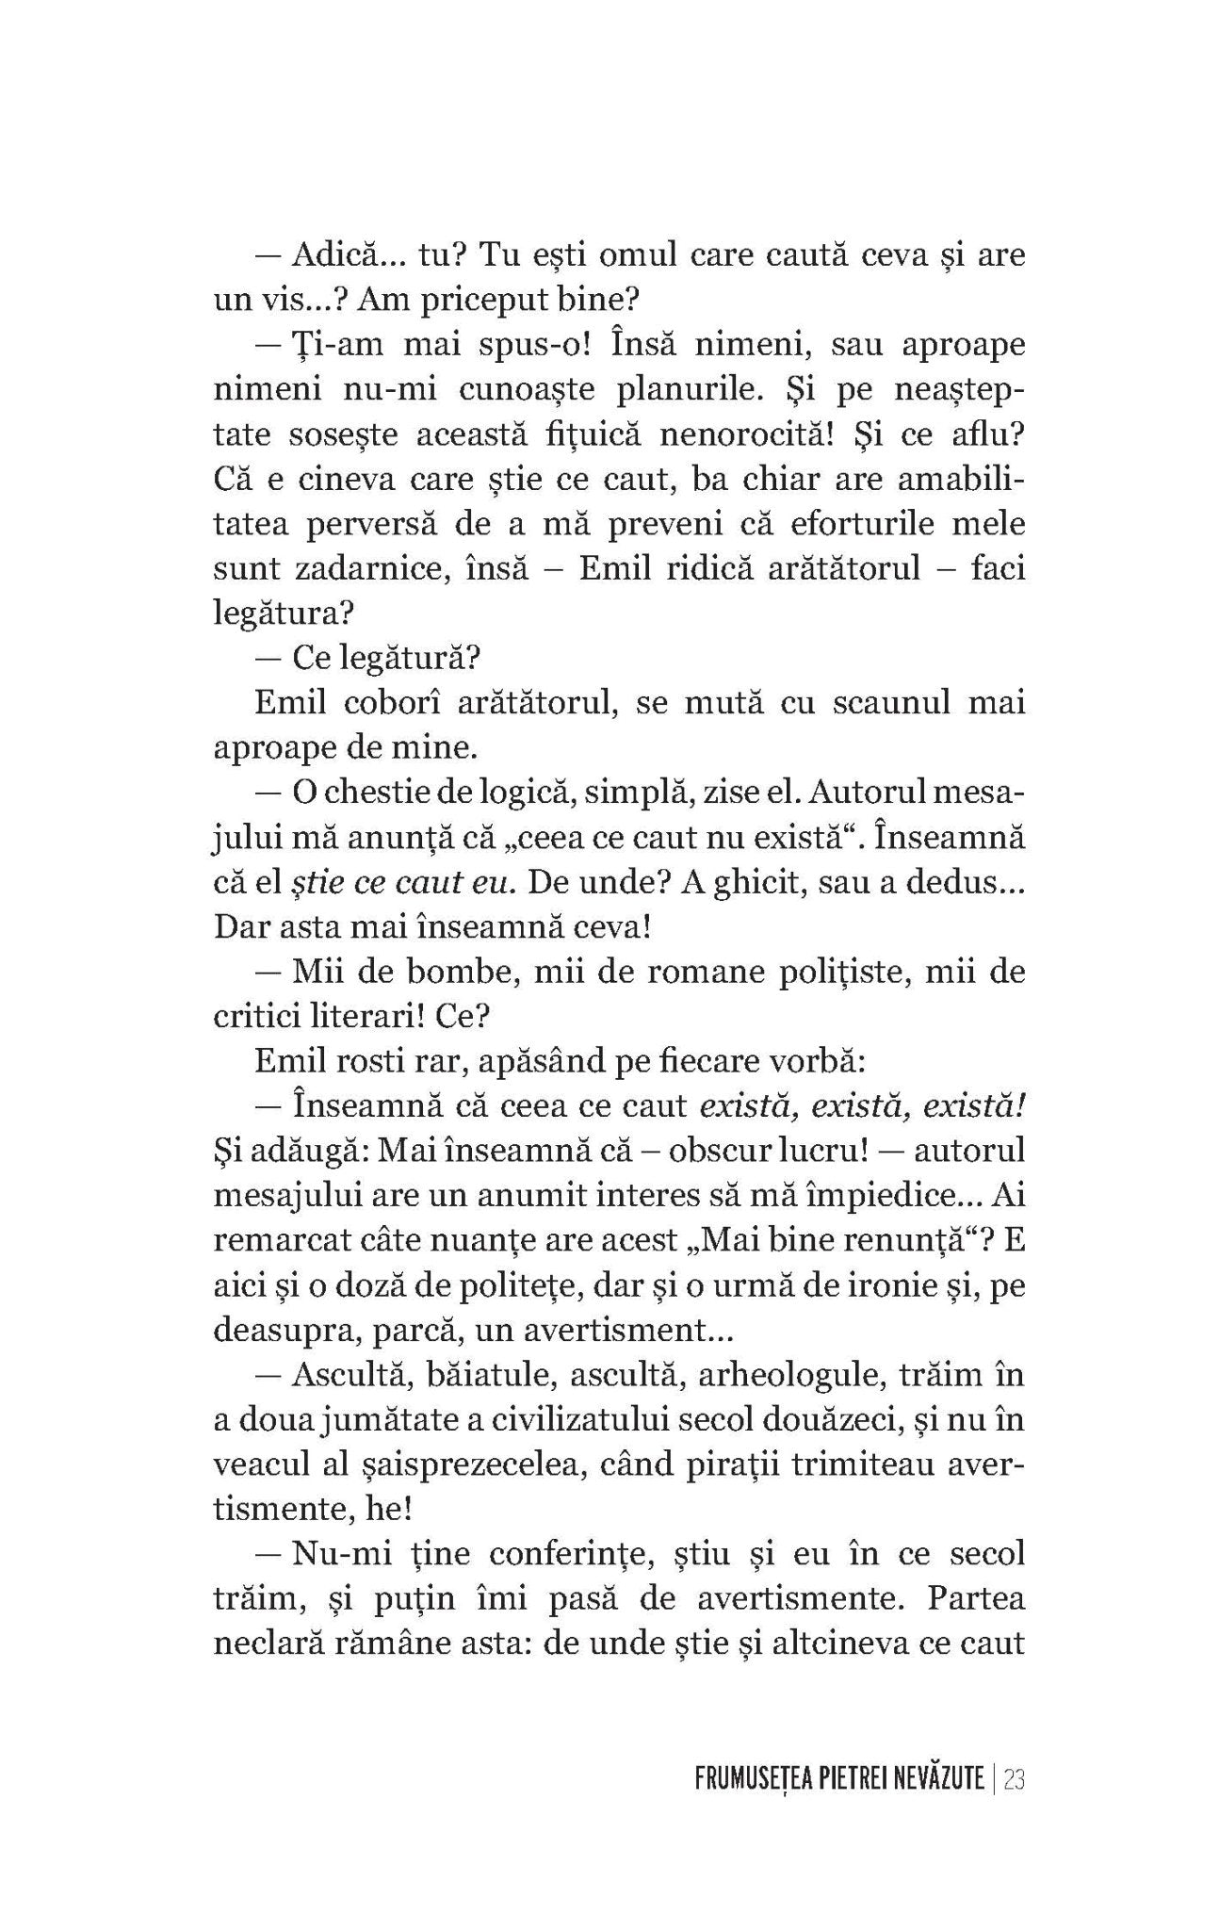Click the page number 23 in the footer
pos(1014,1780)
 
